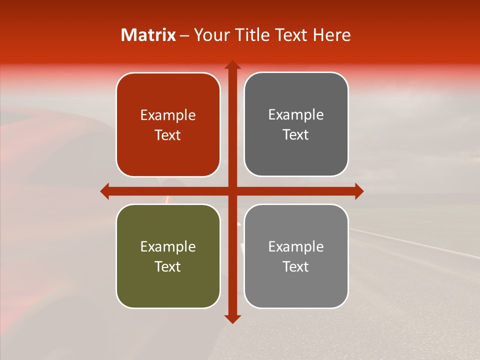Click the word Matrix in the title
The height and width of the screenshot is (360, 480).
148,35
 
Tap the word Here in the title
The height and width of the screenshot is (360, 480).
331,35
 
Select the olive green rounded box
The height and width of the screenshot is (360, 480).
168,285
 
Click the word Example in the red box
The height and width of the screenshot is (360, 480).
168,115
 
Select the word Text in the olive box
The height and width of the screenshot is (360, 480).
168,266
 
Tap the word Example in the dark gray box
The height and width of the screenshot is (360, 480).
296,115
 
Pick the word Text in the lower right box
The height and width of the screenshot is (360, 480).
296,266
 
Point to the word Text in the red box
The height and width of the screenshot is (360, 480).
168,135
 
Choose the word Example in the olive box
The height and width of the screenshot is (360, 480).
168,246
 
